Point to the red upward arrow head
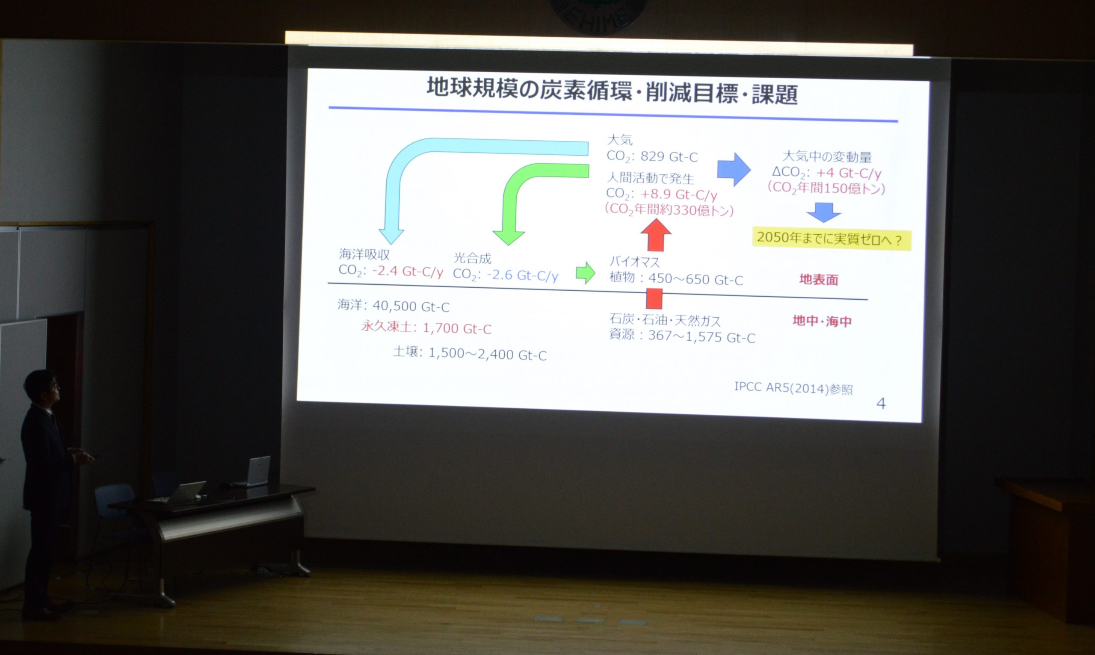656,228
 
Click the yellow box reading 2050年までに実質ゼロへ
832,240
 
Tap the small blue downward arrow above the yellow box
823,212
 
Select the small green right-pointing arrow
586,272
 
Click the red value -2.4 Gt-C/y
408,271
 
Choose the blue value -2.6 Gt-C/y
522,275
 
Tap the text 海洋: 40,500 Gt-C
394,305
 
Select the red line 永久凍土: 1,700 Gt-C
426,327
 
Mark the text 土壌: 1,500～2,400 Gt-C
470,354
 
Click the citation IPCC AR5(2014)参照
793,388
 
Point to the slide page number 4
880,404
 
